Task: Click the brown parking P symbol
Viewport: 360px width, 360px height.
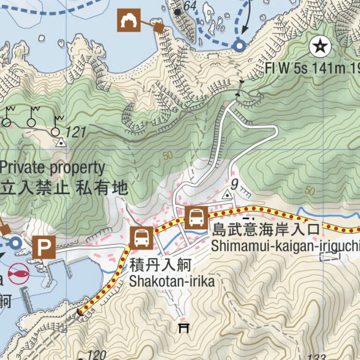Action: (x=45, y=247)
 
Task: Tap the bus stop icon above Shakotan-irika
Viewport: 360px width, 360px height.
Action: (x=141, y=238)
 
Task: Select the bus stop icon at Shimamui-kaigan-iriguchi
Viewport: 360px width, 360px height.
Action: (x=196, y=217)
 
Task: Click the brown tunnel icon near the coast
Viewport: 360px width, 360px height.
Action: (x=128, y=20)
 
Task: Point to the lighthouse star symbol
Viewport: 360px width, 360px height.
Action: (x=320, y=46)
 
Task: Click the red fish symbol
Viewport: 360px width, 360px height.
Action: (x=18, y=273)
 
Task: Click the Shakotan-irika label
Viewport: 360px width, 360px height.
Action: (x=172, y=281)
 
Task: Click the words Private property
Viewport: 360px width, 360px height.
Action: (x=52, y=167)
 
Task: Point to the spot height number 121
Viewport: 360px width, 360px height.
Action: (x=76, y=132)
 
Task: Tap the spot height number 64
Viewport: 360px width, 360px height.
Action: (x=190, y=6)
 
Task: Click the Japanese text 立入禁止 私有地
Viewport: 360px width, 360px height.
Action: (x=64, y=188)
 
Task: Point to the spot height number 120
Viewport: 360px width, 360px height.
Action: (x=97, y=355)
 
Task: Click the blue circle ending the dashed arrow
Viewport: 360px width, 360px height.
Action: (x=240, y=46)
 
